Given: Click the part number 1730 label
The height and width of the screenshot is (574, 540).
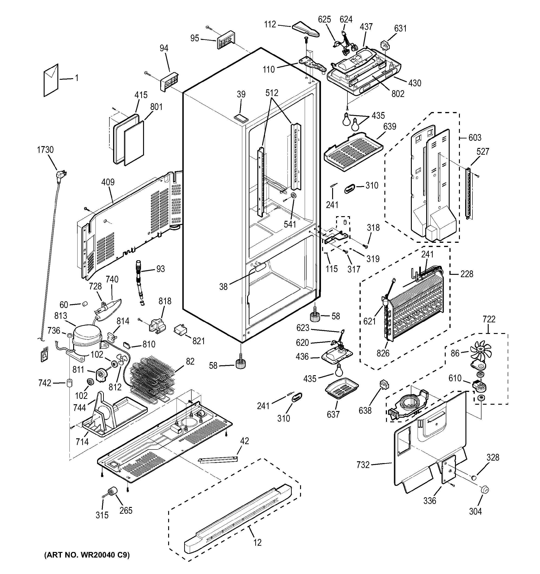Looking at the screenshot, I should point(45,150).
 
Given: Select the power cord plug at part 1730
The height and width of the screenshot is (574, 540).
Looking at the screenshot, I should point(62,174).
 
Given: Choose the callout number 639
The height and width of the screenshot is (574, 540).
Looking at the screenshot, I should point(389,126).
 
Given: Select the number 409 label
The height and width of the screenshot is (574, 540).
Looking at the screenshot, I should point(108,182).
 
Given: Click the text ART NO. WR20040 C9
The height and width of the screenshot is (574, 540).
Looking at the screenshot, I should point(87,555).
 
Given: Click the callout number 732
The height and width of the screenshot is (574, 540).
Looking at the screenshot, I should point(363,465).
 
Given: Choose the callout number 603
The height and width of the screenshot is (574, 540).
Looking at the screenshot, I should point(475,138).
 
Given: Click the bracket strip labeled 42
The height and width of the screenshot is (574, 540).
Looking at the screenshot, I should point(218,459).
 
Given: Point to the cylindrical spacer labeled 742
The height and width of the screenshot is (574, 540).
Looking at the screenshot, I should point(69,383).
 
